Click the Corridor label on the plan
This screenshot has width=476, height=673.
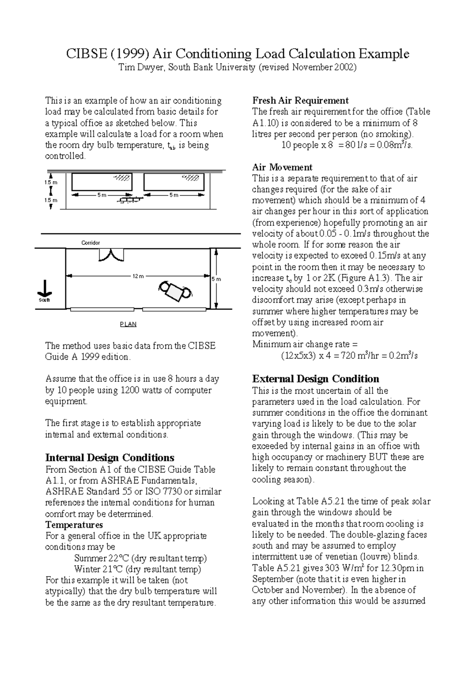90,243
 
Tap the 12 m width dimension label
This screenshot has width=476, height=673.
138,276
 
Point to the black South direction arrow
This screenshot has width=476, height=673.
44,289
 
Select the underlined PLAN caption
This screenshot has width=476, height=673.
128,324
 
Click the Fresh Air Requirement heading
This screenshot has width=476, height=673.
300,100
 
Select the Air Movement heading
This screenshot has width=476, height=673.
282,167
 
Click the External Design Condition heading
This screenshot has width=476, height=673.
316,379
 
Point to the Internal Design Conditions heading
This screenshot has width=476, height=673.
110,458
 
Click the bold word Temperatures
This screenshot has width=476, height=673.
74,525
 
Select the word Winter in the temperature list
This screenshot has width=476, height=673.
87,570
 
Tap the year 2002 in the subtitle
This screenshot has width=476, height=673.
345,67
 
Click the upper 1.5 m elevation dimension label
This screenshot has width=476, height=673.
51,182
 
